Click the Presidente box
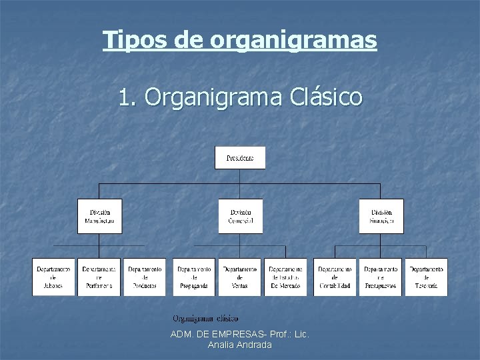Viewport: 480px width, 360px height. [240, 158]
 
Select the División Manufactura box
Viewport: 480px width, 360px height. [100, 216]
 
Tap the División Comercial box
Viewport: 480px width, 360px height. [240, 216]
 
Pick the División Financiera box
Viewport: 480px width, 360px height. [381, 216]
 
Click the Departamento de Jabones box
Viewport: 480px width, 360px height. [53, 277]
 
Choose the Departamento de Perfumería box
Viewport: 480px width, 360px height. [99, 277]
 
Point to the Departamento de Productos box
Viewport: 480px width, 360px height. [145, 277]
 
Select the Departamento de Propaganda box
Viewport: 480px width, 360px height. [194, 277]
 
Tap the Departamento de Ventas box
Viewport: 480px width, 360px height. [240, 277]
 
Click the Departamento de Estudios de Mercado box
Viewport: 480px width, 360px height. [286, 277]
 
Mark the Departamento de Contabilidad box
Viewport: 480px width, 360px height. [335, 277]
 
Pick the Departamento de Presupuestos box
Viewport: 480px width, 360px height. [381, 277]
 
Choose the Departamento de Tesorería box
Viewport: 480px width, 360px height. [427, 277]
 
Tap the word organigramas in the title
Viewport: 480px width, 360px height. [293, 40]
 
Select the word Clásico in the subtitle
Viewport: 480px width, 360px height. [327, 98]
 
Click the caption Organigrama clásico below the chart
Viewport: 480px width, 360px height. [205, 319]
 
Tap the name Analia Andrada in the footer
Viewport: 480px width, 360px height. [240, 345]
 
